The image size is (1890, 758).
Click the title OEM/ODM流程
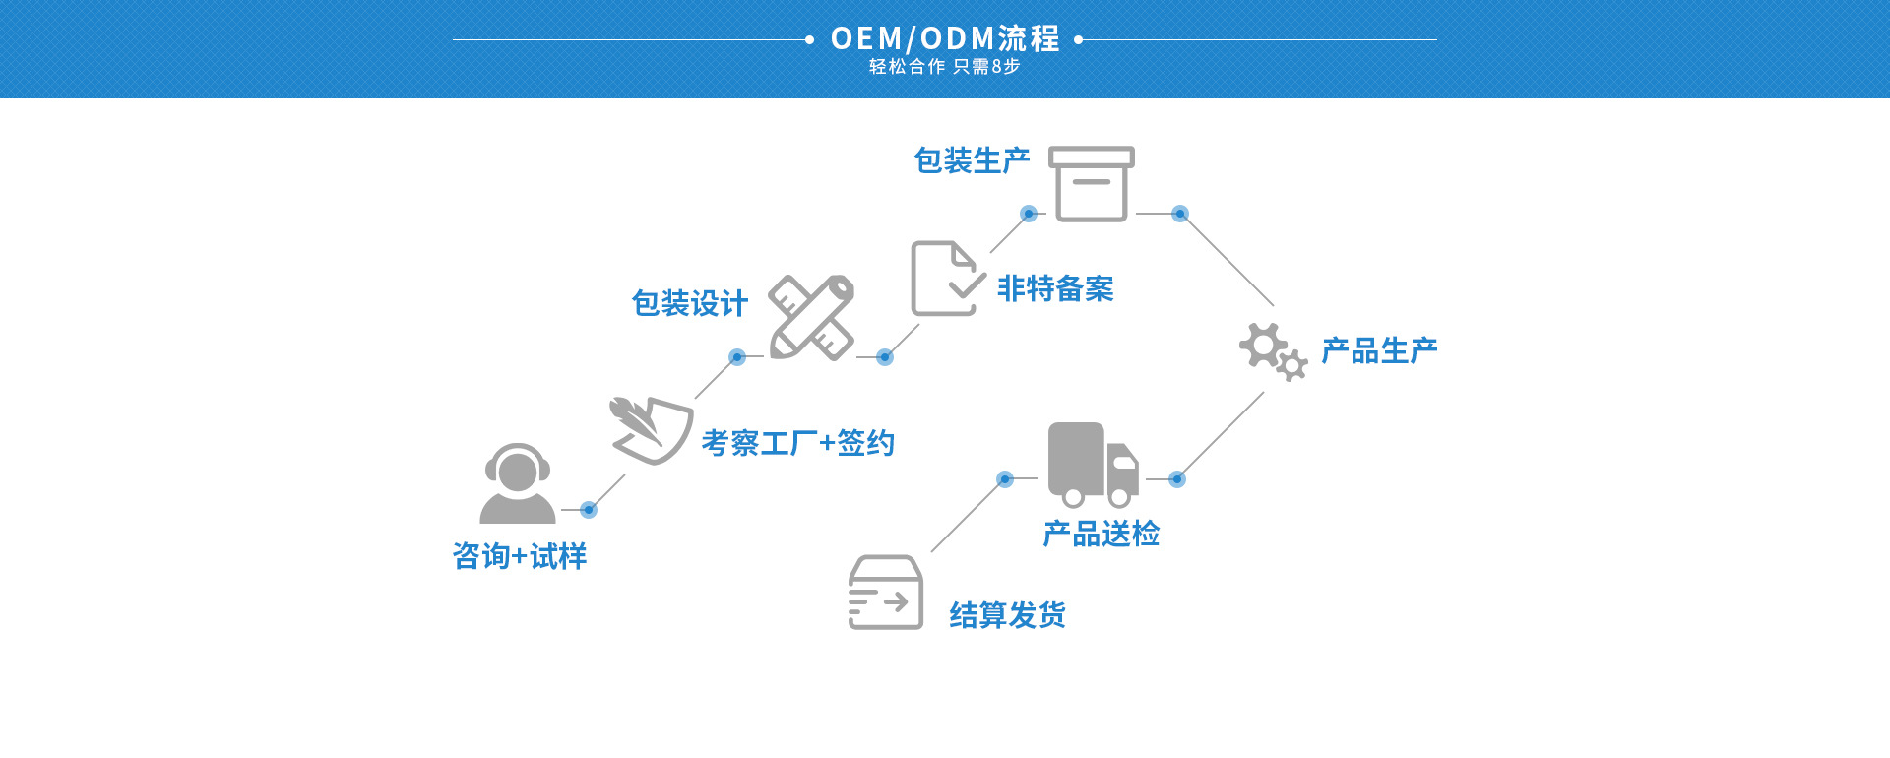[945, 38]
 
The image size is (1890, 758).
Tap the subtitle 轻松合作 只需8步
[944, 67]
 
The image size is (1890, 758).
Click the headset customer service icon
[517, 483]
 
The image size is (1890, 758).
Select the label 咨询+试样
[520, 556]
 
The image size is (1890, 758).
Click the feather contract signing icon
[650, 429]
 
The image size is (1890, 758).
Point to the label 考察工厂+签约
[797, 443]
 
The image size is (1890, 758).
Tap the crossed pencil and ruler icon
[812, 317]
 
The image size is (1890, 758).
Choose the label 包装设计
[690, 303]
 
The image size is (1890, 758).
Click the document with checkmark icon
[945, 279]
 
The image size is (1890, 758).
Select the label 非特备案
[1055, 288]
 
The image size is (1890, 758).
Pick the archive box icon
[1091, 184]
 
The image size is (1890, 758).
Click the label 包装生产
[972, 160]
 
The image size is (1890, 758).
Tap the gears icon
[1273, 350]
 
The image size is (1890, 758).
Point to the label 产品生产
[1379, 350]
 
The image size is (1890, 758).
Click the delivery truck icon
[1093, 464]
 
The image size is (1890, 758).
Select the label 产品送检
[1102, 534]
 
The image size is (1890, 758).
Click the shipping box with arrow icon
[886, 593]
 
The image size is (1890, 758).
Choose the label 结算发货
[1007, 615]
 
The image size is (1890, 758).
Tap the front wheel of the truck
[1120, 497]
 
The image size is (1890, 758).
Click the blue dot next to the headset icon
[589, 509]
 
